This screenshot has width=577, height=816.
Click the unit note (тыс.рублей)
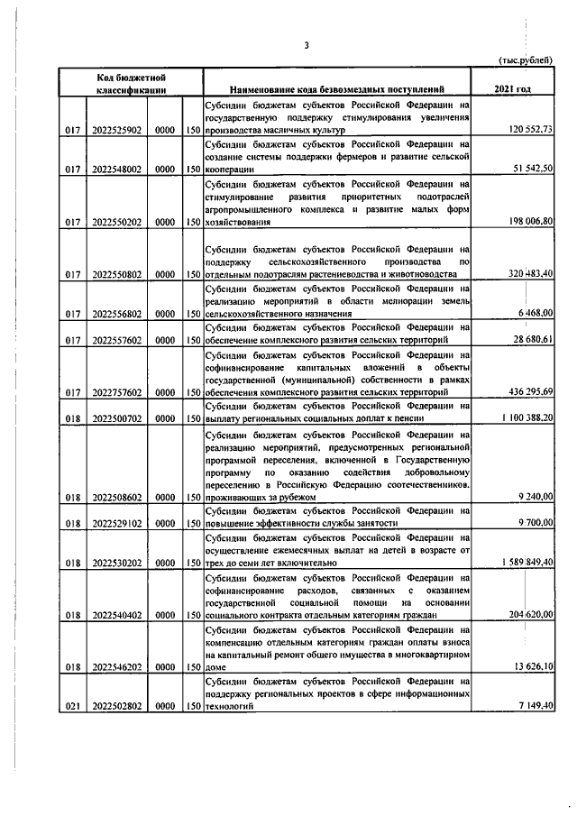click(527, 60)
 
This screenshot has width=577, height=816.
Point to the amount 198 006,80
click(534, 221)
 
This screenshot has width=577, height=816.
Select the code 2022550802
click(116, 275)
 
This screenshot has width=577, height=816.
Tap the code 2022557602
click(116, 339)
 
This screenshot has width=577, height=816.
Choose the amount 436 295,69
click(534, 392)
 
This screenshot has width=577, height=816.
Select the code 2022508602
click(116, 497)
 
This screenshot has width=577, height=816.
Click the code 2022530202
click(116, 562)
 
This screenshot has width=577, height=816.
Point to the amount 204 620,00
click(534, 614)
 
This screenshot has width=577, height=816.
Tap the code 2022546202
click(116, 667)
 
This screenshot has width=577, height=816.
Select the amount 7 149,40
click(539, 708)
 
